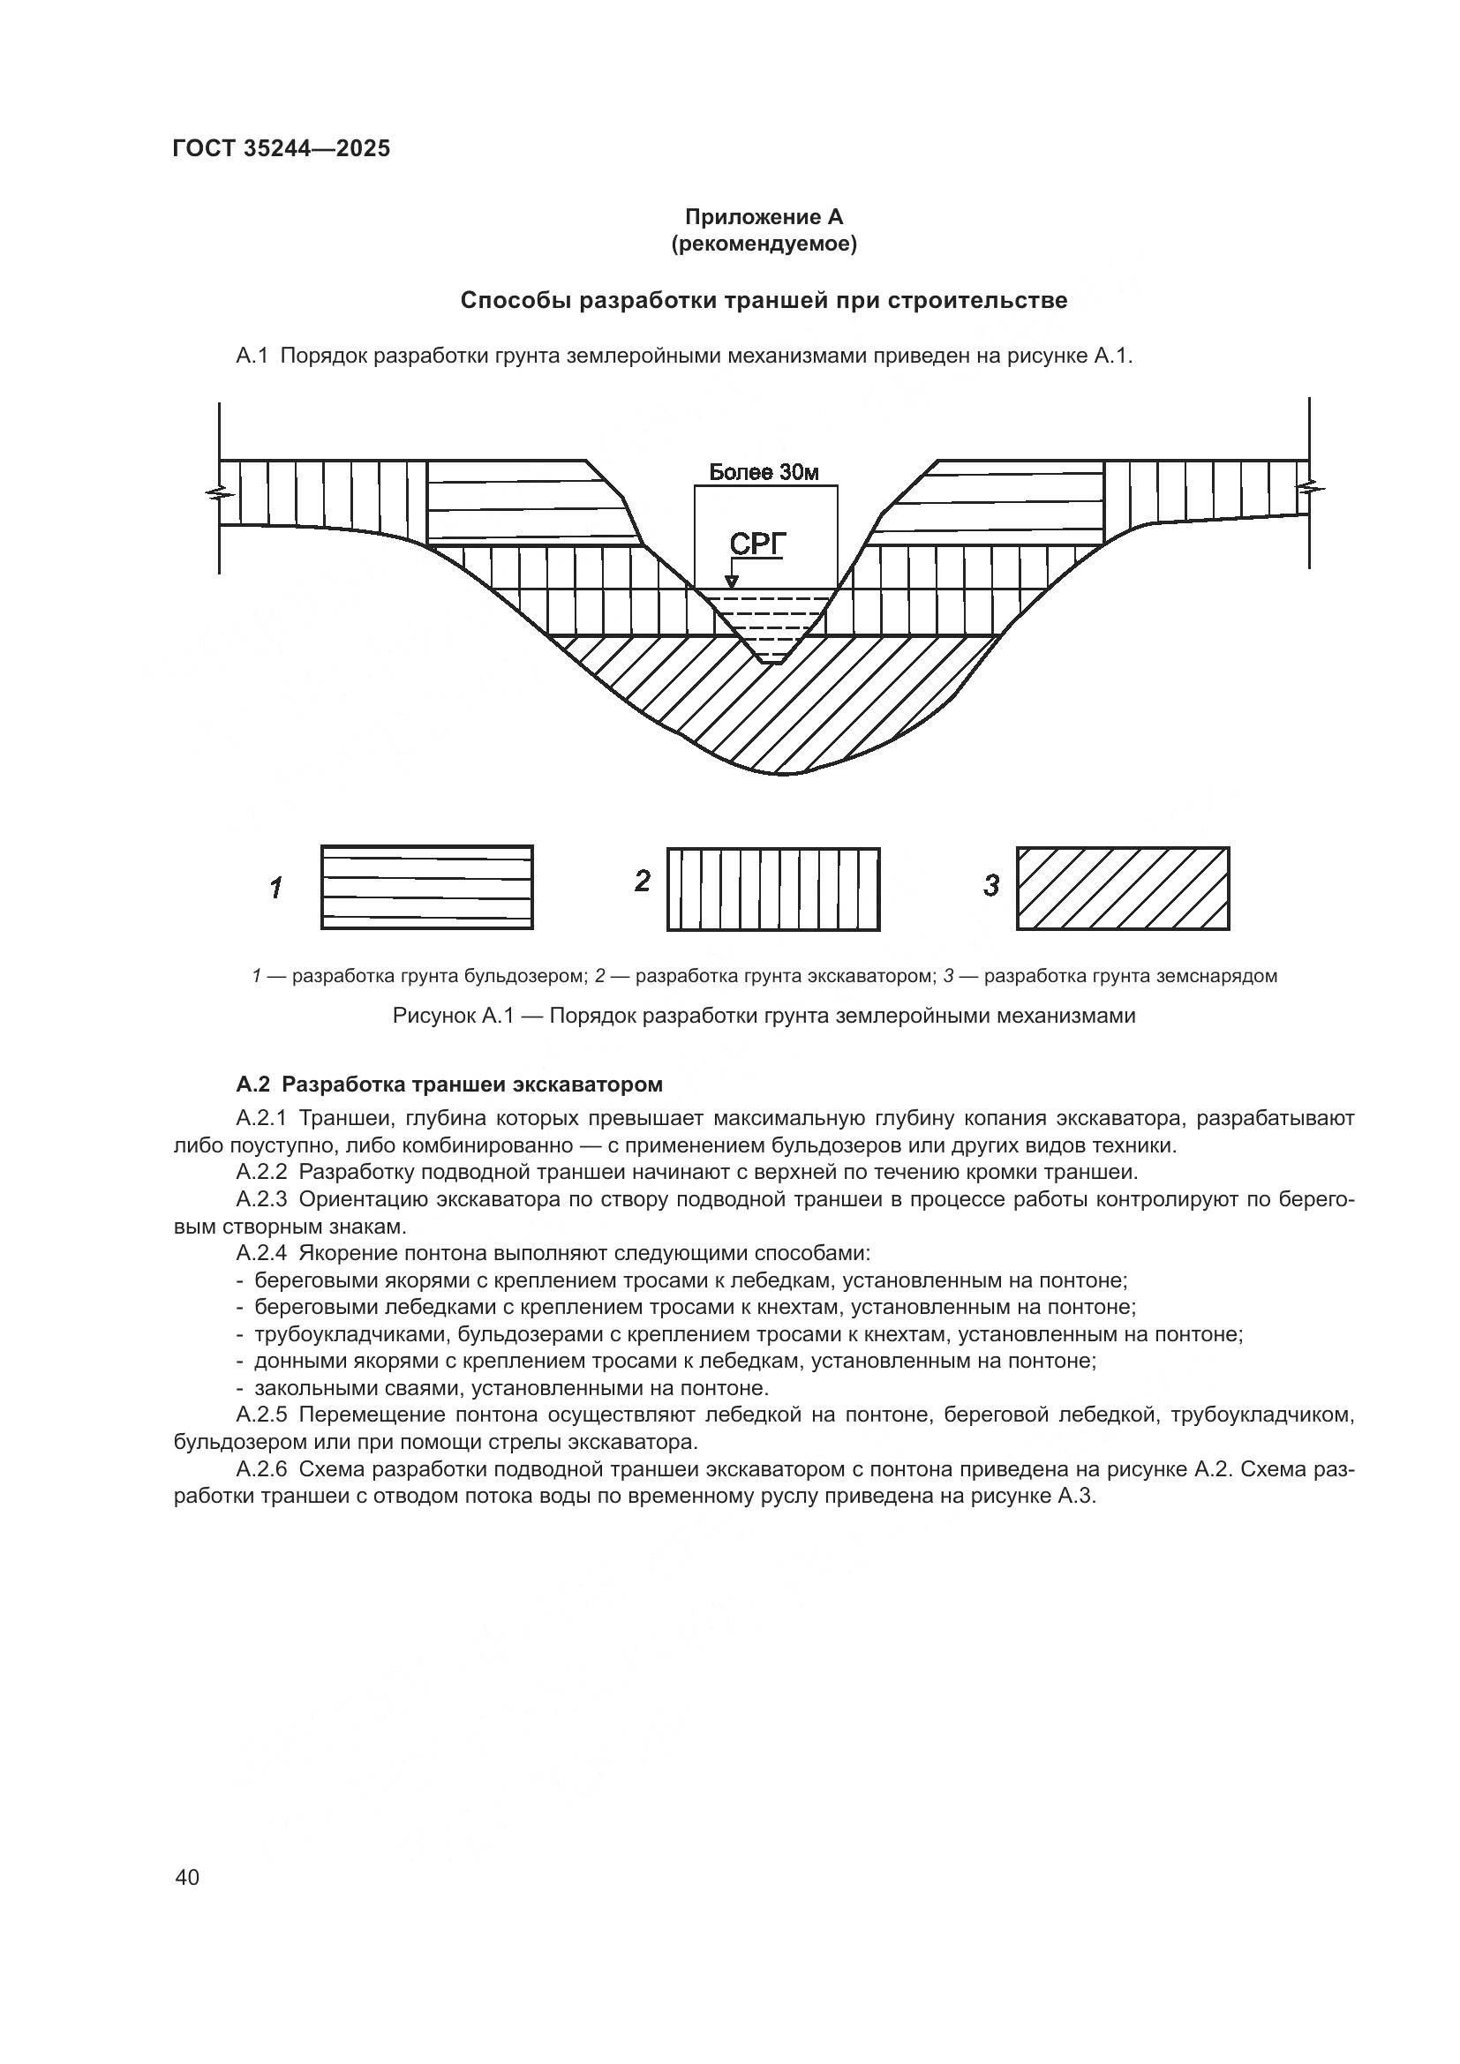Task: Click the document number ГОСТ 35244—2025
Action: [281, 148]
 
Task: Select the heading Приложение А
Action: [764, 217]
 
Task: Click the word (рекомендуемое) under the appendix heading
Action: [764, 244]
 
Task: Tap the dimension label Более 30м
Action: [764, 472]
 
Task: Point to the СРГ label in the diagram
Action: [756, 544]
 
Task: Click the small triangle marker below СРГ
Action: [732, 582]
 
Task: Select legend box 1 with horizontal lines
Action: [427, 887]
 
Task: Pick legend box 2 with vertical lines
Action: [773, 889]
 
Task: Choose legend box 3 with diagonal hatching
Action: [1122, 889]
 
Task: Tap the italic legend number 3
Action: [990, 886]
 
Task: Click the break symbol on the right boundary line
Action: [1309, 489]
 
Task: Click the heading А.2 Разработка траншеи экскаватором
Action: [448, 1085]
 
